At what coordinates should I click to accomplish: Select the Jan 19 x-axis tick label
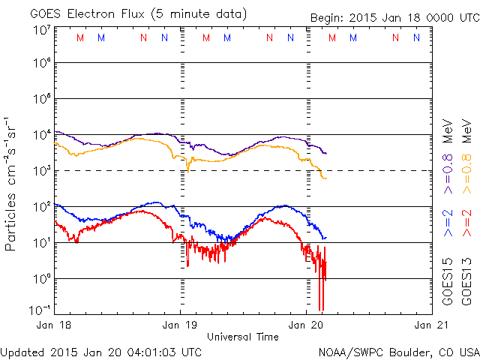click(180, 325)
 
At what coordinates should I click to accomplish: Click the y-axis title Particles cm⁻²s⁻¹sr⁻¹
click(11, 183)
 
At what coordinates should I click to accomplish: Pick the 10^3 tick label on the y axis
click(41, 171)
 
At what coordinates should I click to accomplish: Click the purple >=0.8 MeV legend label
click(448, 143)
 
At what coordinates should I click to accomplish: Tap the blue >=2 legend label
click(448, 223)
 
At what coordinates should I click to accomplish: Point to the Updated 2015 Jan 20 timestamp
click(101, 352)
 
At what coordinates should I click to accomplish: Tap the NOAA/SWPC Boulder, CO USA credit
click(398, 352)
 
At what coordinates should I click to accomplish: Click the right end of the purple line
click(325, 153)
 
